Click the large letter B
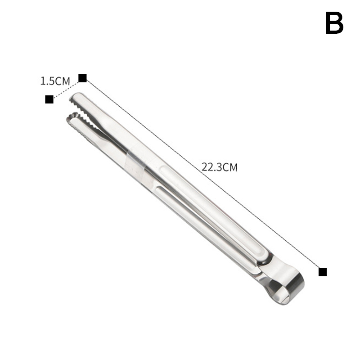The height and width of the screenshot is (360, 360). click(334, 23)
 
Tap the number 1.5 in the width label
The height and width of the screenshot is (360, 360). click(48, 81)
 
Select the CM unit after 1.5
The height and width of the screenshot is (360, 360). click(63, 81)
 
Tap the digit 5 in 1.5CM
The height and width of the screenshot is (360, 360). click(52, 81)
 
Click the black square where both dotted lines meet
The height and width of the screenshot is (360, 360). click(82, 78)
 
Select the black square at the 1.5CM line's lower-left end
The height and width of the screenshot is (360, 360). click(49, 99)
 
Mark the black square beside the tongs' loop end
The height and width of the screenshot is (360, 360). click(323, 272)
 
